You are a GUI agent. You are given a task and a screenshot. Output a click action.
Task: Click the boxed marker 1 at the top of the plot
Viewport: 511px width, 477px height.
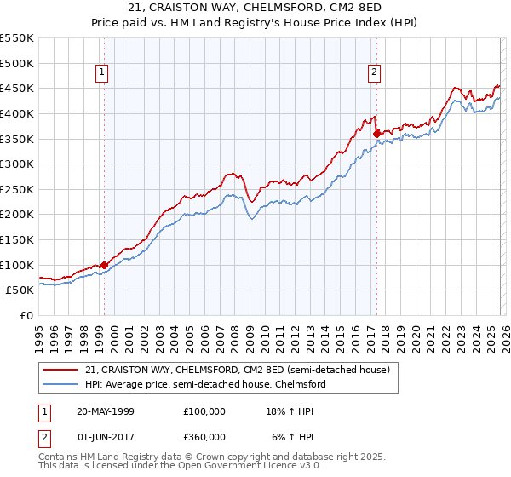pyautogui.click(x=101, y=72)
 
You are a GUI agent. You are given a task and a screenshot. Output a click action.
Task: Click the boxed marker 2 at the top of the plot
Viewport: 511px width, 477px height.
pyautogui.click(x=374, y=72)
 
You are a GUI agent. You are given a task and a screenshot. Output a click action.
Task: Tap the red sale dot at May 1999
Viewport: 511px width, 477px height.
pyautogui.click(x=104, y=265)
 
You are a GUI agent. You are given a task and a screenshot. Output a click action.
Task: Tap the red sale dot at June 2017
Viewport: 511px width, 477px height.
pyautogui.click(x=376, y=133)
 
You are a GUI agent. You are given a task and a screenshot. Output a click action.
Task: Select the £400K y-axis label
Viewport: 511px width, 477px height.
pyautogui.click(x=17, y=113)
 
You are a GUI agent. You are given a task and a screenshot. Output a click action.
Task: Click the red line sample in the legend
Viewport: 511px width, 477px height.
pyautogui.click(x=61, y=371)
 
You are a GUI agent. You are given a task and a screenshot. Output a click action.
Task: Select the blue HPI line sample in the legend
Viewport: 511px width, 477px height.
pyautogui.click(x=61, y=384)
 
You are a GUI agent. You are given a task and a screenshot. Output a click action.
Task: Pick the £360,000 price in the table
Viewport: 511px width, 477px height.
pyautogui.click(x=204, y=436)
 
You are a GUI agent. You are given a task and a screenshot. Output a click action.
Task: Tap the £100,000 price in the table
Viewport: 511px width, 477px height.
pyautogui.click(x=204, y=411)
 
